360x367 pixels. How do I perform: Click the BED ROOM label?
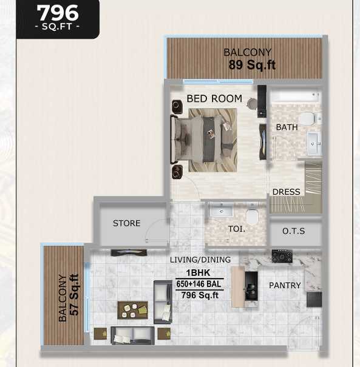pos(214,98)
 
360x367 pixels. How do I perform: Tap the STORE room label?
pos(126,223)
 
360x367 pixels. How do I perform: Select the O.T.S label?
pos(293,231)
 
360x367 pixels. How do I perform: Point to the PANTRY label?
pos(285,285)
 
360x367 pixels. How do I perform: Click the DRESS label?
pos(286,192)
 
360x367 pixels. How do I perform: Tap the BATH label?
pos(287,127)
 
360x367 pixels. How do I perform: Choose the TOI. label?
pos(237,229)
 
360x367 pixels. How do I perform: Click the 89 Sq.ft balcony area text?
pos(252,65)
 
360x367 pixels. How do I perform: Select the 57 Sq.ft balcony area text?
pos(74,294)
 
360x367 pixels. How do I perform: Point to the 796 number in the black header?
pos(58,13)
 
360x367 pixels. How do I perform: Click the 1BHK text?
pos(198,273)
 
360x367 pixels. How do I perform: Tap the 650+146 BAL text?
pos(199,284)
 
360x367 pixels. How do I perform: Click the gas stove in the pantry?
pos(282,256)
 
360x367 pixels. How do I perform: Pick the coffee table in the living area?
pos(132,310)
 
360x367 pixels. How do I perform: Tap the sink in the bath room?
pos(314,143)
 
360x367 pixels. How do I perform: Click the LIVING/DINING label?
pos(200,260)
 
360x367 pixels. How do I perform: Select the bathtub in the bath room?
pos(296,96)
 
